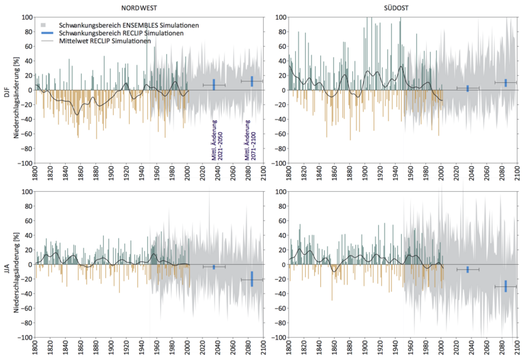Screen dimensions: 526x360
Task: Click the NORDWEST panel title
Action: coord(139,8)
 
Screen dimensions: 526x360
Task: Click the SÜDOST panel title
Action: coord(396,8)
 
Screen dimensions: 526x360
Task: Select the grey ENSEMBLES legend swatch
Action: coord(43,25)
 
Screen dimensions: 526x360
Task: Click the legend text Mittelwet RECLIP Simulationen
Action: coord(105,41)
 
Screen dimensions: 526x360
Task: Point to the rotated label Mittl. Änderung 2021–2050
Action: coord(217,140)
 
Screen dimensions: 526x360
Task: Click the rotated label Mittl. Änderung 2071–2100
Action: coord(251,140)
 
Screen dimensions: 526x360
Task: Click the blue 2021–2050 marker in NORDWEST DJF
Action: coord(214,85)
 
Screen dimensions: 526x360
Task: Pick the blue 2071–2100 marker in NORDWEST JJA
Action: coord(252,279)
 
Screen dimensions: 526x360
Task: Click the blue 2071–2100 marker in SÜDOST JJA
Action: coord(506,286)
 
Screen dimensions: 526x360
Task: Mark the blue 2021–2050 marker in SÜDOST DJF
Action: coord(467,89)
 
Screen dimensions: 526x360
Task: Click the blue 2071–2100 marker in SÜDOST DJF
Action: coord(506,83)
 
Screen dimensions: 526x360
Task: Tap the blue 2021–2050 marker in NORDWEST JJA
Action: coord(214,267)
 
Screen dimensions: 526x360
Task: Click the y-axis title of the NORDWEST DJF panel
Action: coord(16,97)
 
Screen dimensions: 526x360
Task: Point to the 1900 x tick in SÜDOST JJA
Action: coord(366,349)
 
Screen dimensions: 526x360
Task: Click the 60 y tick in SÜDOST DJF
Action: coord(283,46)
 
